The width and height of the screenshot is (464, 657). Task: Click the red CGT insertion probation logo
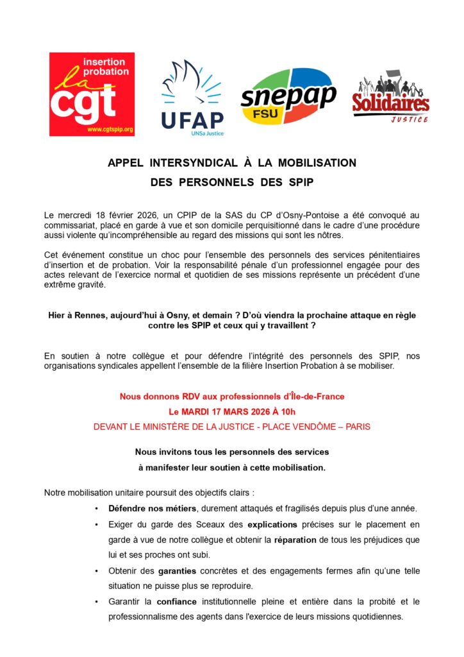[x=92, y=94]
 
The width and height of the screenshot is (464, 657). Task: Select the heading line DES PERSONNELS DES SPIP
[x=232, y=182]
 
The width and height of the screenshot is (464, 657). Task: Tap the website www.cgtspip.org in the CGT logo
[x=110, y=130]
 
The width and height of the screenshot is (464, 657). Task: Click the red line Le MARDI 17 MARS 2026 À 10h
[x=232, y=411]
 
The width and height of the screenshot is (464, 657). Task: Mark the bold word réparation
[x=295, y=540]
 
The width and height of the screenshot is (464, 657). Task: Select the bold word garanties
[x=178, y=570]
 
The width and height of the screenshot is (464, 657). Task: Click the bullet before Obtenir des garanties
[x=95, y=570]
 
